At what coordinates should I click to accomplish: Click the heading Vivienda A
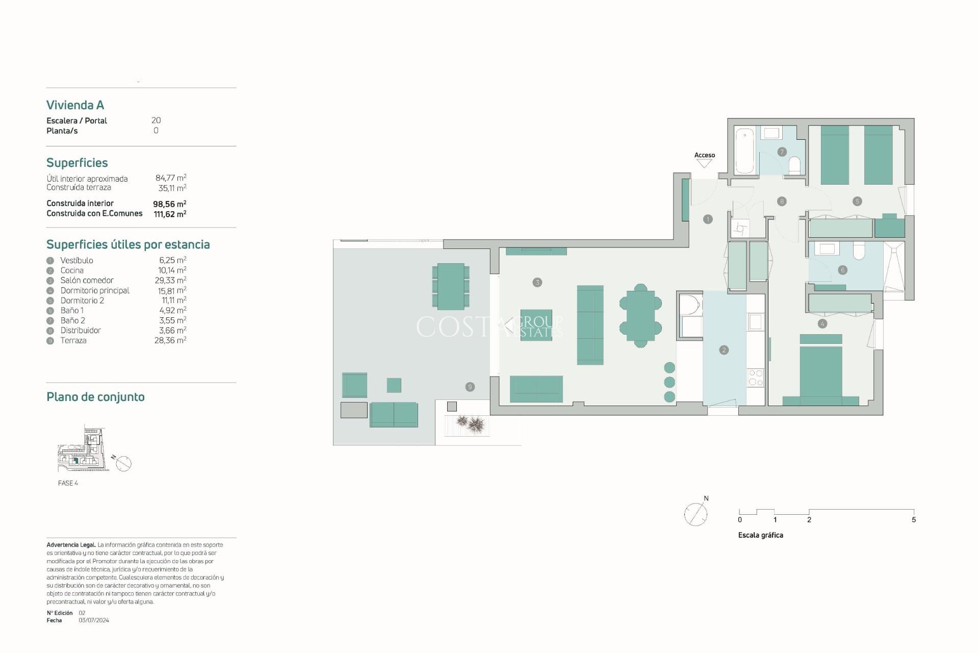(x=75, y=105)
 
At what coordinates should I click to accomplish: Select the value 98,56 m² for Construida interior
(x=169, y=204)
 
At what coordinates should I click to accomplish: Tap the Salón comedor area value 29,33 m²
(x=170, y=280)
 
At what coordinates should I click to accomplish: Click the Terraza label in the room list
(x=73, y=340)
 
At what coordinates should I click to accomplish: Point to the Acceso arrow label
(x=704, y=155)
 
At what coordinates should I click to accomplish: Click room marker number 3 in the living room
(x=537, y=282)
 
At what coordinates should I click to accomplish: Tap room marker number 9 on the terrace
(x=470, y=387)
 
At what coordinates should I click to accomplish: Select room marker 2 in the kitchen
(x=724, y=350)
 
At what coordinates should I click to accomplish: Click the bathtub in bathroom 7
(x=745, y=150)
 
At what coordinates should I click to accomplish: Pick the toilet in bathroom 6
(x=859, y=250)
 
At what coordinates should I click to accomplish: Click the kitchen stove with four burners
(x=755, y=378)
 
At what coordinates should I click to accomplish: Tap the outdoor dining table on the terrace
(x=451, y=286)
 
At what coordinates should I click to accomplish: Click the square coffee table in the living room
(x=536, y=324)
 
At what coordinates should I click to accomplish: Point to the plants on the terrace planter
(x=470, y=423)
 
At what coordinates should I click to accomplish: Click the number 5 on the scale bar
(x=913, y=520)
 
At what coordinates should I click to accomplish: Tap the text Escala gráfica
(x=760, y=535)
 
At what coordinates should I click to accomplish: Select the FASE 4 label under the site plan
(x=68, y=483)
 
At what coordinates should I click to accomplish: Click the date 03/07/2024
(x=94, y=620)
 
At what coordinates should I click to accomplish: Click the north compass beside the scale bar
(x=695, y=514)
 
